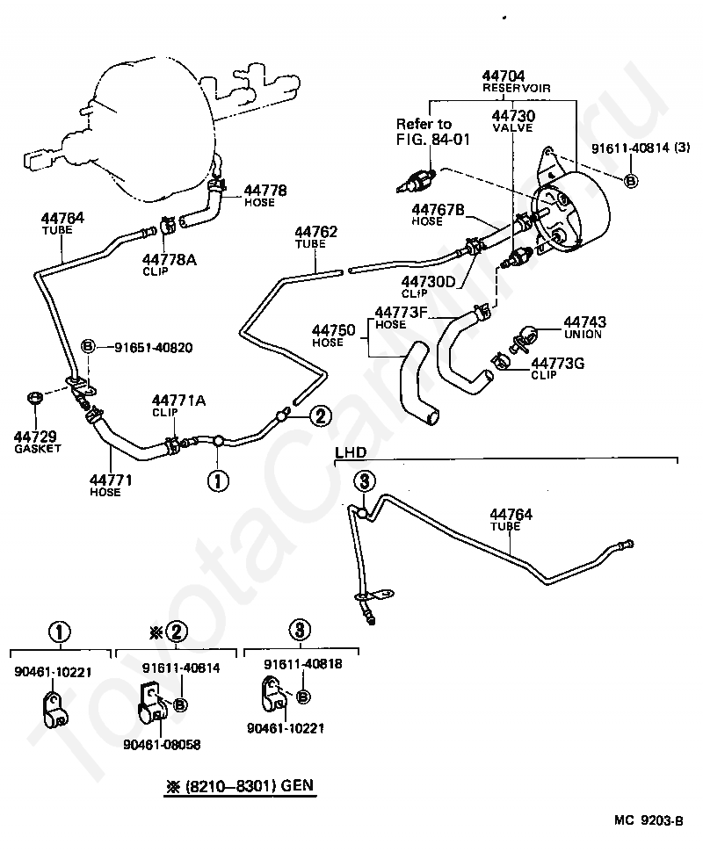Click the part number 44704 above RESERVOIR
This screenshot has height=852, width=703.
[503, 76]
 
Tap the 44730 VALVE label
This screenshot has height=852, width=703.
[513, 121]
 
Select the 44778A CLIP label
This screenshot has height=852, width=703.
[169, 264]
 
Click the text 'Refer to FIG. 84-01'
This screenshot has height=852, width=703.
[432, 132]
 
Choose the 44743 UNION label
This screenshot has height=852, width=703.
[584, 328]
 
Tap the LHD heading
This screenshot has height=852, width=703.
[351, 452]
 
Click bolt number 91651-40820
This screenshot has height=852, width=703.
[153, 348]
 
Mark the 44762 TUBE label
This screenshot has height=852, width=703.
[315, 237]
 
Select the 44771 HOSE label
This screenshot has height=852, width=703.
[111, 485]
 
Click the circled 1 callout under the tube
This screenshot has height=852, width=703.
[218, 480]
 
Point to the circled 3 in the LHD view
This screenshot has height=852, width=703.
[365, 480]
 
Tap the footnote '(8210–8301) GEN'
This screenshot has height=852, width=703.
[249, 786]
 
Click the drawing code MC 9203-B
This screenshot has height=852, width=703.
[649, 820]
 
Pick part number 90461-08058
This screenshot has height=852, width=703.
[162, 745]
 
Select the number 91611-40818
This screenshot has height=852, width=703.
[303, 664]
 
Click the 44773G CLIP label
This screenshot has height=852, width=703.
[557, 369]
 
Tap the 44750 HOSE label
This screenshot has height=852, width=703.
[333, 336]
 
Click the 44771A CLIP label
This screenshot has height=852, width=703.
[178, 406]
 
